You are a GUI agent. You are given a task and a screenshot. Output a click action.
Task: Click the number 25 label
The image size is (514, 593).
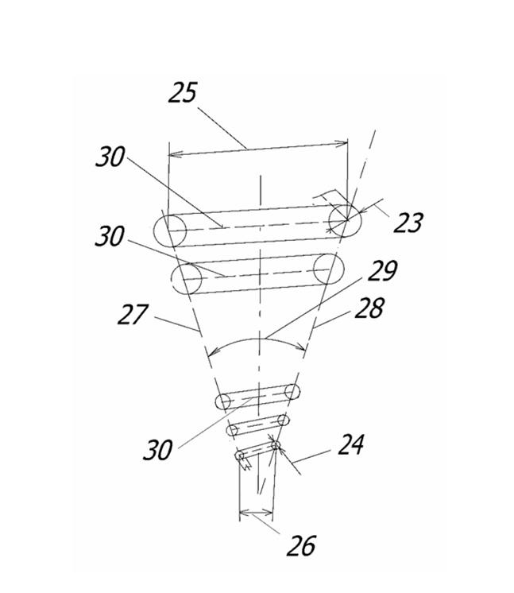(x=183, y=92)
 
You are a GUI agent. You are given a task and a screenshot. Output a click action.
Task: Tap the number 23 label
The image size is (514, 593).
(x=408, y=223)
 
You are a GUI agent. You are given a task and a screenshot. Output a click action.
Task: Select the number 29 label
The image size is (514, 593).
(x=382, y=271)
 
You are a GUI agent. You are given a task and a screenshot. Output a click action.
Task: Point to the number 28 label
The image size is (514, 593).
(x=369, y=308)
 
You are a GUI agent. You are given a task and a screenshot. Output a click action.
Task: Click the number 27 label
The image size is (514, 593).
(x=133, y=314)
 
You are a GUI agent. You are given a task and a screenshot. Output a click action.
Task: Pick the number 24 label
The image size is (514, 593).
(x=350, y=444)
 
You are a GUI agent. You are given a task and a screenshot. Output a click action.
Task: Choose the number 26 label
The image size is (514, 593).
(x=301, y=546)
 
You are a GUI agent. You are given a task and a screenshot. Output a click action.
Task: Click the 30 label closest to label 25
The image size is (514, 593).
(x=110, y=157)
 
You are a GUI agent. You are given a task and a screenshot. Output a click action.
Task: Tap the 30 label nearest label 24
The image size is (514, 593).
(x=158, y=450)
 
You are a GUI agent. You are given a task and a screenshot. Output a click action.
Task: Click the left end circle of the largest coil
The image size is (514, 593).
(x=170, y=231)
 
